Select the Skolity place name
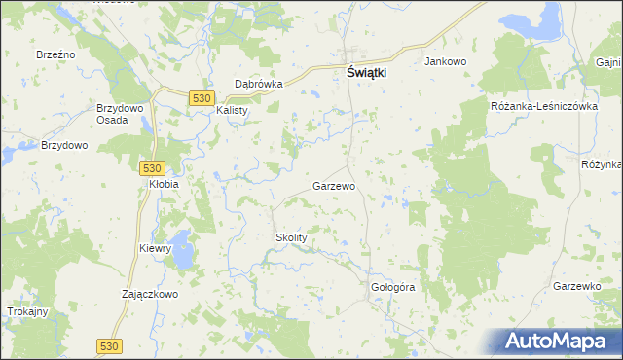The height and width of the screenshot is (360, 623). pos(291,237)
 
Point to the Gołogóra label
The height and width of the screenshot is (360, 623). pos(393,288)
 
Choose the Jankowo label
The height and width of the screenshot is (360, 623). pos(446,61)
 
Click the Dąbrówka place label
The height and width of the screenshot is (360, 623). pos(258,84)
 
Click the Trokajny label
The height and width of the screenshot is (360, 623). pos(27,311)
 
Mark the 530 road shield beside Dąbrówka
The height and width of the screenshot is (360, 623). pos(202,98)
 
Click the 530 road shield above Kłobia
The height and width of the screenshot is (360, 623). pos(152,167)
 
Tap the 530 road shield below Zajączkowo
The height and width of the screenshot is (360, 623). pos(109,345)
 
